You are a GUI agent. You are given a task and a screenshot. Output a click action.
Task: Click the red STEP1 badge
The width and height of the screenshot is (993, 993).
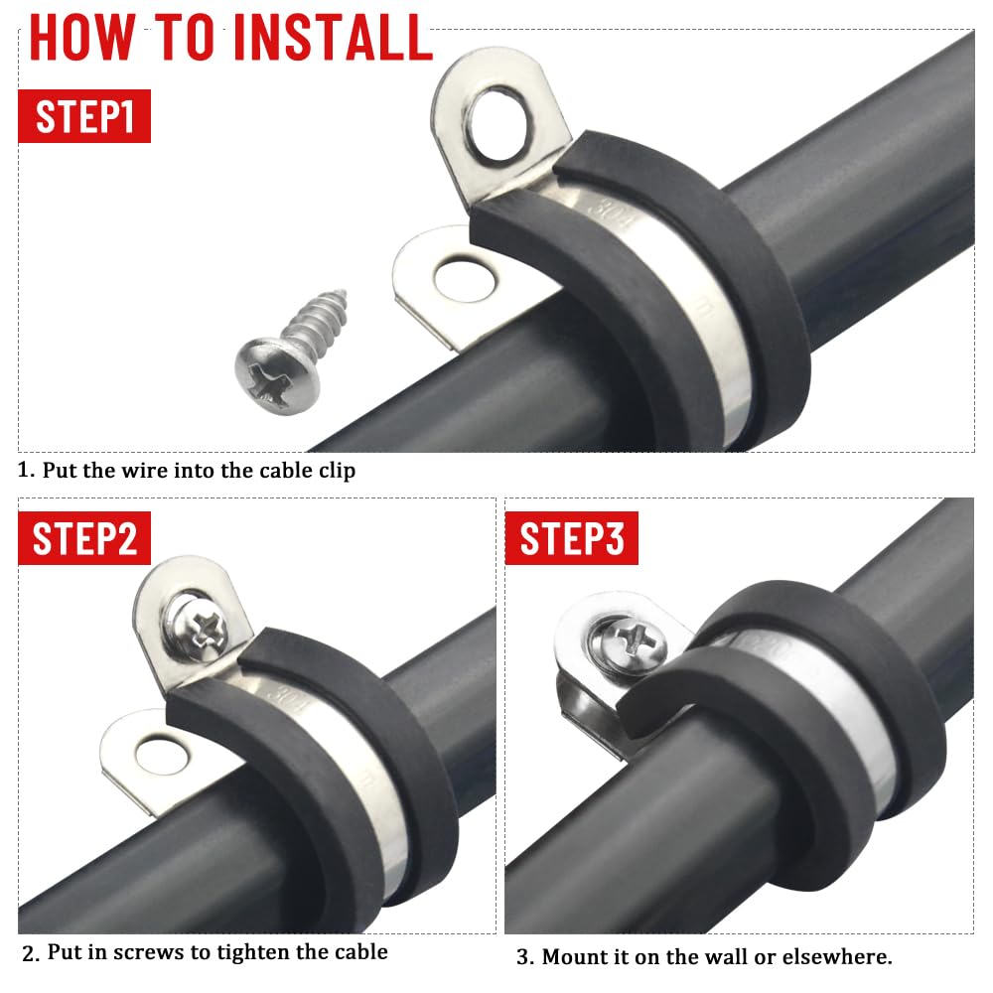84,116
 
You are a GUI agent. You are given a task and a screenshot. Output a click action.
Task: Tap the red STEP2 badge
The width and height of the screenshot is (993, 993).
84,537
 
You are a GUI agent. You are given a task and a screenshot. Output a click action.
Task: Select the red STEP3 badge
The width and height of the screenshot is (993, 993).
571,537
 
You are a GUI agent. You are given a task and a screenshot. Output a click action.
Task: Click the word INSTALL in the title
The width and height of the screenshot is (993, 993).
333,38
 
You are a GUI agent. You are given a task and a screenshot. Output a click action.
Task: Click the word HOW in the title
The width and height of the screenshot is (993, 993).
81,38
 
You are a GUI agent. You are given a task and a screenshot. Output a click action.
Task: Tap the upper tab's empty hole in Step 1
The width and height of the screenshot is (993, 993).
498,124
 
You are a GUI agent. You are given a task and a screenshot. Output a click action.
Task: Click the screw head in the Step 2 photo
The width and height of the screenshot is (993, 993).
199,627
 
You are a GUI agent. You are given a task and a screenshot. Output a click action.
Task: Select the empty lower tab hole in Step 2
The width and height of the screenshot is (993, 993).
162,756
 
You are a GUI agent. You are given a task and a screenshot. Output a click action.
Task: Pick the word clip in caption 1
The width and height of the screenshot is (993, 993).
337,472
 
